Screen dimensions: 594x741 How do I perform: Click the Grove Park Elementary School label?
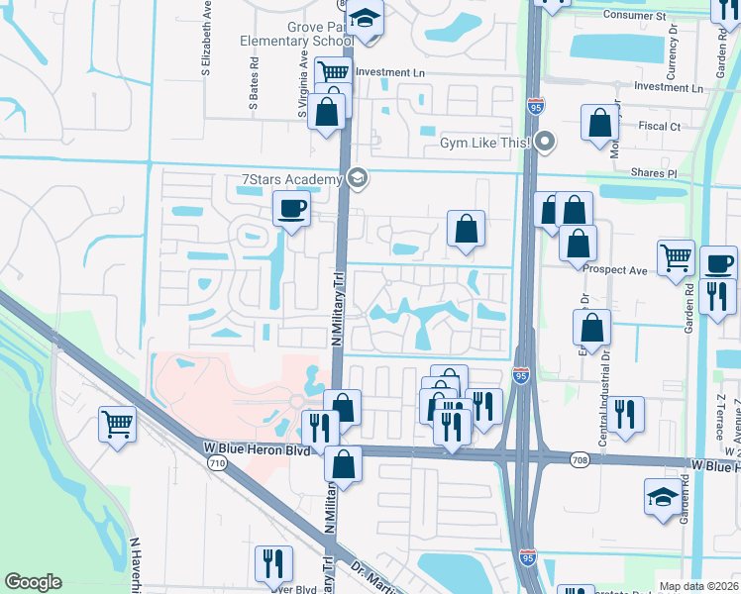(296, 34)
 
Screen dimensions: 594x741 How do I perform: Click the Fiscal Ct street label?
(660, 127)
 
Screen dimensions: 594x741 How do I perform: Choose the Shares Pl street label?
(652, 173)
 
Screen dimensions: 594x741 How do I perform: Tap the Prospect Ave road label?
(615, 269)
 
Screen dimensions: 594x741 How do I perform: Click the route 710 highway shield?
(219, 462)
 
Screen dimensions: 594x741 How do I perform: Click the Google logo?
(33, 582)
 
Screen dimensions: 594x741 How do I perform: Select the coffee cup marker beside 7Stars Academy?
(291, 209)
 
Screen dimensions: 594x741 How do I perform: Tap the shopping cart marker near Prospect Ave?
(677, 256)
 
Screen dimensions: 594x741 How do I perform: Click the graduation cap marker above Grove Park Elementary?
(365, 19)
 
